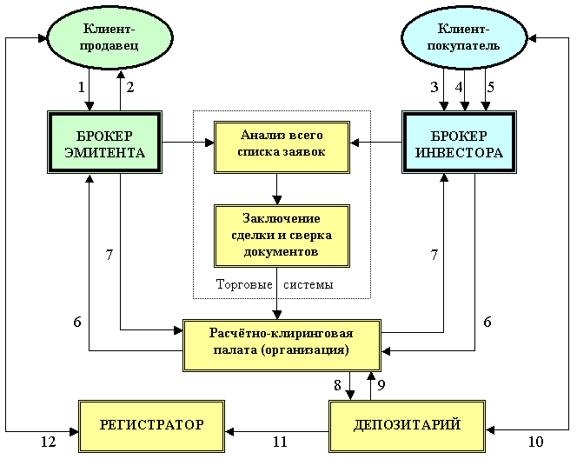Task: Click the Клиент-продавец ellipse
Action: coord(109,37)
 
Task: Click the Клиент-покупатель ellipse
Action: coord(464,37)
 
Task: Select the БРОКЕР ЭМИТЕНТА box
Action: coord(104,142)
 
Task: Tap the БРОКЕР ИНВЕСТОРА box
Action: coord(459,142)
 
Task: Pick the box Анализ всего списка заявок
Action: coord(282,147)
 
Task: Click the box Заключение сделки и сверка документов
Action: coord(282,236)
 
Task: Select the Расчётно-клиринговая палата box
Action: coord(282,346)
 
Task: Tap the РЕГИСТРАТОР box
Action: coord(151,426)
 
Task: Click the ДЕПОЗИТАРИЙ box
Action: coord(407,426)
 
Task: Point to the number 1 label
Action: coord(82,87)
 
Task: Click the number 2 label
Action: coord(130,87)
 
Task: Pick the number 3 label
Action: coord(434,87)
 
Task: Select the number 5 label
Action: coord(490,87)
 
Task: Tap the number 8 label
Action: coord(337,385)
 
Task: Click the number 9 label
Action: coord(381,385)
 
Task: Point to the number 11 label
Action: coord(280,442)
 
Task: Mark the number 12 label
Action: coord(48,442)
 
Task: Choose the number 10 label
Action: coord(536,442)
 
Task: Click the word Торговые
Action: coord(244,284)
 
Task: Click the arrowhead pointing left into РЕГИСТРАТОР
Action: coord(229,431)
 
